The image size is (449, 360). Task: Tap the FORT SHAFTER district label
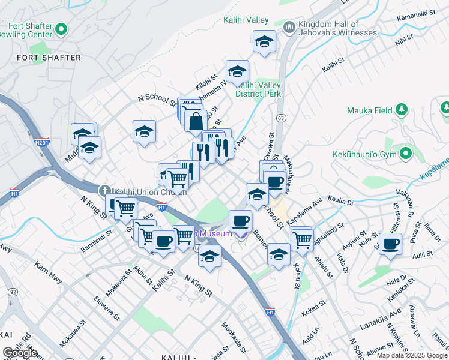[49, 58]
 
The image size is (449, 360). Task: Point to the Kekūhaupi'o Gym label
[366, 154]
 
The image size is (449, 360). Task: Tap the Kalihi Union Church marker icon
[104, 191]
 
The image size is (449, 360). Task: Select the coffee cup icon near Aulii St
[390, 244]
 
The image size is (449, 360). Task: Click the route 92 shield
[13, 293]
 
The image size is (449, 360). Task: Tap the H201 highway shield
[41, 143]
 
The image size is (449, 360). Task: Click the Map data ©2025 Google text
[412, 356]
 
